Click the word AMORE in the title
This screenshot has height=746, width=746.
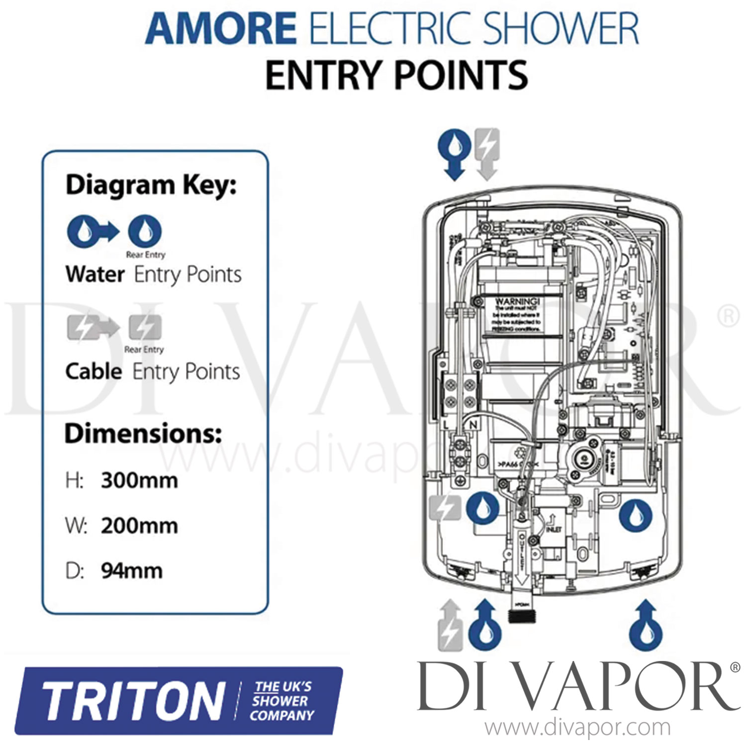(221, 28)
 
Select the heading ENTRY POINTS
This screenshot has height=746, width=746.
(396, 75)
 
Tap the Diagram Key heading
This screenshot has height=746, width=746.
(151, 185)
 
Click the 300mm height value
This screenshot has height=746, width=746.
(139, 480)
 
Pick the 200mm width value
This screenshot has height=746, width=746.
(139, 526)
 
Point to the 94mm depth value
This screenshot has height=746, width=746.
(132, 571)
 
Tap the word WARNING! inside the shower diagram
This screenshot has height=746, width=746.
(517, 301)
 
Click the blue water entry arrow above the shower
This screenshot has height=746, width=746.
(454, 154)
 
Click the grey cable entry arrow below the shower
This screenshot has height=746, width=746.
(451, 625)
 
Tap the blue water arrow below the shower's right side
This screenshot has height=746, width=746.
(646, 625)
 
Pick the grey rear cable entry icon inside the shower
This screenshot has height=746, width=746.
(445, 508)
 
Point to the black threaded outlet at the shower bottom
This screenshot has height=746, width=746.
(521, 612)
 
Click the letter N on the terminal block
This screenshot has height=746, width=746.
(473, 425)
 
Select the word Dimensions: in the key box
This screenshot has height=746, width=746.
(143, 434)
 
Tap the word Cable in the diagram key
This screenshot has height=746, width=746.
(93, 372)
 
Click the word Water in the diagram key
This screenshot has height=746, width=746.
(95, 275)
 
